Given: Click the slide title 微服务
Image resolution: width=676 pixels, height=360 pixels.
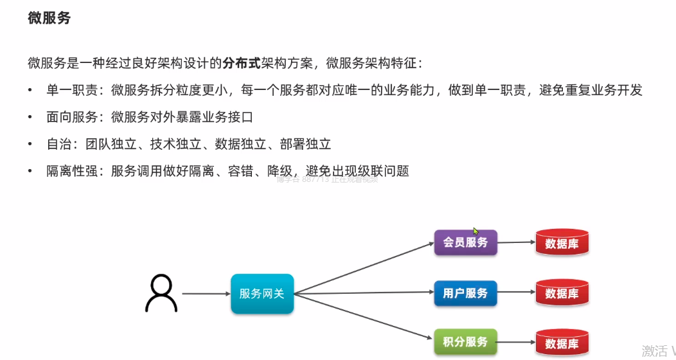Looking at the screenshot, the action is click(x=49, y=18).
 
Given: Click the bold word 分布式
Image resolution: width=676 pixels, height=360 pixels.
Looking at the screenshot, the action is click(x=241, y=63).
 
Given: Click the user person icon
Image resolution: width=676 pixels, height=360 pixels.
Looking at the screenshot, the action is click(x=161, y=293).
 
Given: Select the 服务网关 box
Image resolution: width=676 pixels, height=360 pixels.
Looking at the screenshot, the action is click(x=262, y=294).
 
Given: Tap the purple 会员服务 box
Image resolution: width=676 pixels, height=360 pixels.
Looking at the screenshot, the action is click(x=465, y=243).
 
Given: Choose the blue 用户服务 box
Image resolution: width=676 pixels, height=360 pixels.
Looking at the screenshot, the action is click(x=465, y=293).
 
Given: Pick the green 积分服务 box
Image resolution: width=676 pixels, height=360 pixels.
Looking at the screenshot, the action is click(x=465, y=342).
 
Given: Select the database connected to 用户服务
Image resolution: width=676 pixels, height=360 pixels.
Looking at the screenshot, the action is click(x=562, y=292).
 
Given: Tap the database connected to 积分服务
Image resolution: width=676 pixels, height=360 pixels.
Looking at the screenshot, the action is click(x=562, y=343).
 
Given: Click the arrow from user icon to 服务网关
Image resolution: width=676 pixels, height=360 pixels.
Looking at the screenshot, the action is click(x=206, y=294).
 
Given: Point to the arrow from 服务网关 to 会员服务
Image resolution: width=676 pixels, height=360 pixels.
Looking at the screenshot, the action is click(x=363, y=268).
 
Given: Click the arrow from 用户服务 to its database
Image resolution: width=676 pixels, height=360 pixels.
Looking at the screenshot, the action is click(x=516, y=293).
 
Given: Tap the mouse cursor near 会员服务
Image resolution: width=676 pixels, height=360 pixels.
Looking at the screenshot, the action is click(x=476, y=231).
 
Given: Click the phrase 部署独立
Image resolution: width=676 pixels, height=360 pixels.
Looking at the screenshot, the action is click(x=305, y=145).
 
